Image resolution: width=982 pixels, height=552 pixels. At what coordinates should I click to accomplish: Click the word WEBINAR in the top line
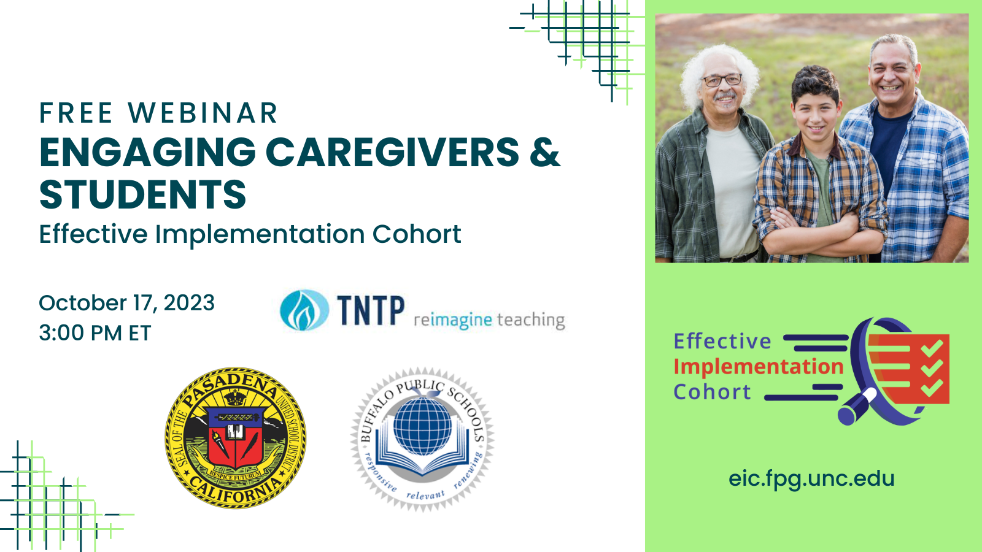[x=203, y=113]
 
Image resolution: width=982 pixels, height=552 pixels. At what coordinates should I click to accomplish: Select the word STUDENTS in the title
[x=142, y=195]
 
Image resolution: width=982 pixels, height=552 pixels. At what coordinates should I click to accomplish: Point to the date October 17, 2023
[x=126, y=303]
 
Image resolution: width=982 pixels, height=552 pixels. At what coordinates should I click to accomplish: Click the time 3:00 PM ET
[x=95, y=333]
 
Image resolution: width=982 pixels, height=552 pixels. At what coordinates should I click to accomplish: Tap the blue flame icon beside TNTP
[x=304, y=310]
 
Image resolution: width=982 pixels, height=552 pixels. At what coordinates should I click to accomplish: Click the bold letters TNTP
[x=371, y=310]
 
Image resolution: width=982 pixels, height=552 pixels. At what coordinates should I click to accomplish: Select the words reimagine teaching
[x=489, y=320]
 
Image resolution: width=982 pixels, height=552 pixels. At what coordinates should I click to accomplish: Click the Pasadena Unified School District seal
[x=236, y=437]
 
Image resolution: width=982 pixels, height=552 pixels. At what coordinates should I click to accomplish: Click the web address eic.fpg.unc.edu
[x=811, y=478]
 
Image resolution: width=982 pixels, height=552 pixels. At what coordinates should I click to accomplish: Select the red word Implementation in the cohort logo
[x=759, y=367]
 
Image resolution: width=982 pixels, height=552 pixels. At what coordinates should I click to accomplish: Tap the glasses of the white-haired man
[x=722, y=80]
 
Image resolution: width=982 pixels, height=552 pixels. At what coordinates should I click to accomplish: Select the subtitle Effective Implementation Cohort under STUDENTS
[x=250, y=234]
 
